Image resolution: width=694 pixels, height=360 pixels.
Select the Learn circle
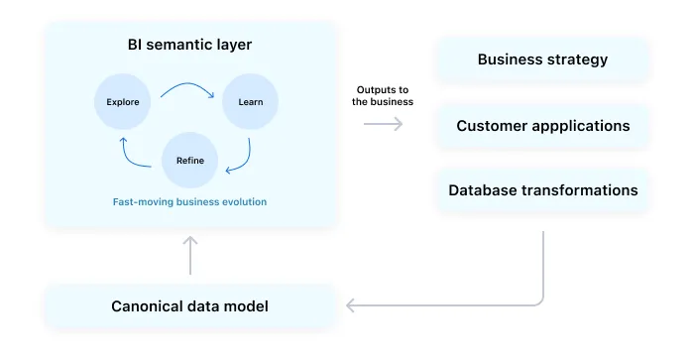[x=250, y=101]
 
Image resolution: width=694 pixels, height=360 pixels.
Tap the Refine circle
[x=189, y=160]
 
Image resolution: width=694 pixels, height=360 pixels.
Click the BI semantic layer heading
[x=189, y=45]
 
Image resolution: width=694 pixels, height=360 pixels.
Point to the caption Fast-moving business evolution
[x=189, y=201]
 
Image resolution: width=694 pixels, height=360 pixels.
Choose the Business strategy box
[x=542, y=60]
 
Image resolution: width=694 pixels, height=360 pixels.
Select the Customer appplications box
[x=542, y=126]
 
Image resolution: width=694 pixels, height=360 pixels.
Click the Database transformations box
[x=542, y=189]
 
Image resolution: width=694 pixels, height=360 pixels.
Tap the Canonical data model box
[x=189, y=305]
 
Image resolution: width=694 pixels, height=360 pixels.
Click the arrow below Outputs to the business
[x=383, y=124]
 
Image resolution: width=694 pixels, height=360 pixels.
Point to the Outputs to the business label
[x=382, y=95]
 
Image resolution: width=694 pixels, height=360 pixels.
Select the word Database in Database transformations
[x=485, y=189]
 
